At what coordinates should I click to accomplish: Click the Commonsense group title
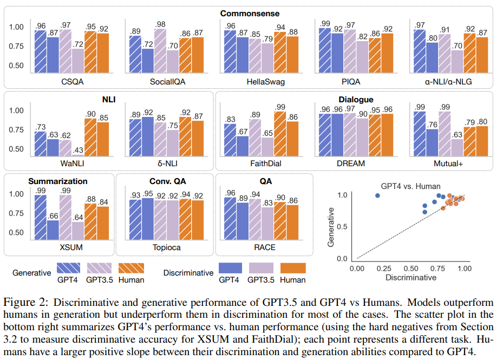coord(250,13)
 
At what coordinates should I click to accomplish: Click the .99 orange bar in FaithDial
coord(279,133)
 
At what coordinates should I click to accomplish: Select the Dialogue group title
coord(356,99)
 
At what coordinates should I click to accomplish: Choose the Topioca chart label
coord(166,247)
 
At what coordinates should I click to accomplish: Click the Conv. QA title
coord(166,181)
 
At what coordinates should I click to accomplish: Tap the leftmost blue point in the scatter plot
coord(378,195)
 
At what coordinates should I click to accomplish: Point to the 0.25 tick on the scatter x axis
coord(383,267)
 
